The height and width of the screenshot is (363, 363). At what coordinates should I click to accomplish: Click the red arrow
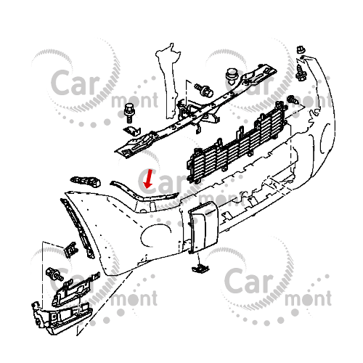pos(148,179)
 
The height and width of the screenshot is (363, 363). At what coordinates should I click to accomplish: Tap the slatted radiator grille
pos(237,143)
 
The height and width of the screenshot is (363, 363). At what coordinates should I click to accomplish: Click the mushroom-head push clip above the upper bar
pos(232,76)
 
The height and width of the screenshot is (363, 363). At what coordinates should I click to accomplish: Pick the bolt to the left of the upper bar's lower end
pos(129,113)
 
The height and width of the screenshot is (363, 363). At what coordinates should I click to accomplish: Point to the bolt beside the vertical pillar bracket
pos(205,90)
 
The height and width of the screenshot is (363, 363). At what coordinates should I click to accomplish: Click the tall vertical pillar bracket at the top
pos(168,80)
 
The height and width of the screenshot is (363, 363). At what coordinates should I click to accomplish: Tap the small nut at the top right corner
pos(301,49)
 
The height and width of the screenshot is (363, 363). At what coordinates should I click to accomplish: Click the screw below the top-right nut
pos(301,73)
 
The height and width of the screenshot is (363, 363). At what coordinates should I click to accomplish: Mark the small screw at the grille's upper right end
pos(293,99)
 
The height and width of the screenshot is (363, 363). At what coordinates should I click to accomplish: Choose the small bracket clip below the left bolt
pos(132,131)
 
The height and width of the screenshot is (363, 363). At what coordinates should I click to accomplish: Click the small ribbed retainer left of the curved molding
pos(86,181)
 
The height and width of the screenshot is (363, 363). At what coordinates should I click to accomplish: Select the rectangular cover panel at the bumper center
pos(203,227)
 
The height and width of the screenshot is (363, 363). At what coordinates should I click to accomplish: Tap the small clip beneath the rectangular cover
pos(200,268)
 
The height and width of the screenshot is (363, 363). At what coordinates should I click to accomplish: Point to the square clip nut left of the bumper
pos(71,249)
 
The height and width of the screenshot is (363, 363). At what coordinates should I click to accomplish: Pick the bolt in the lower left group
pos(54,274)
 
